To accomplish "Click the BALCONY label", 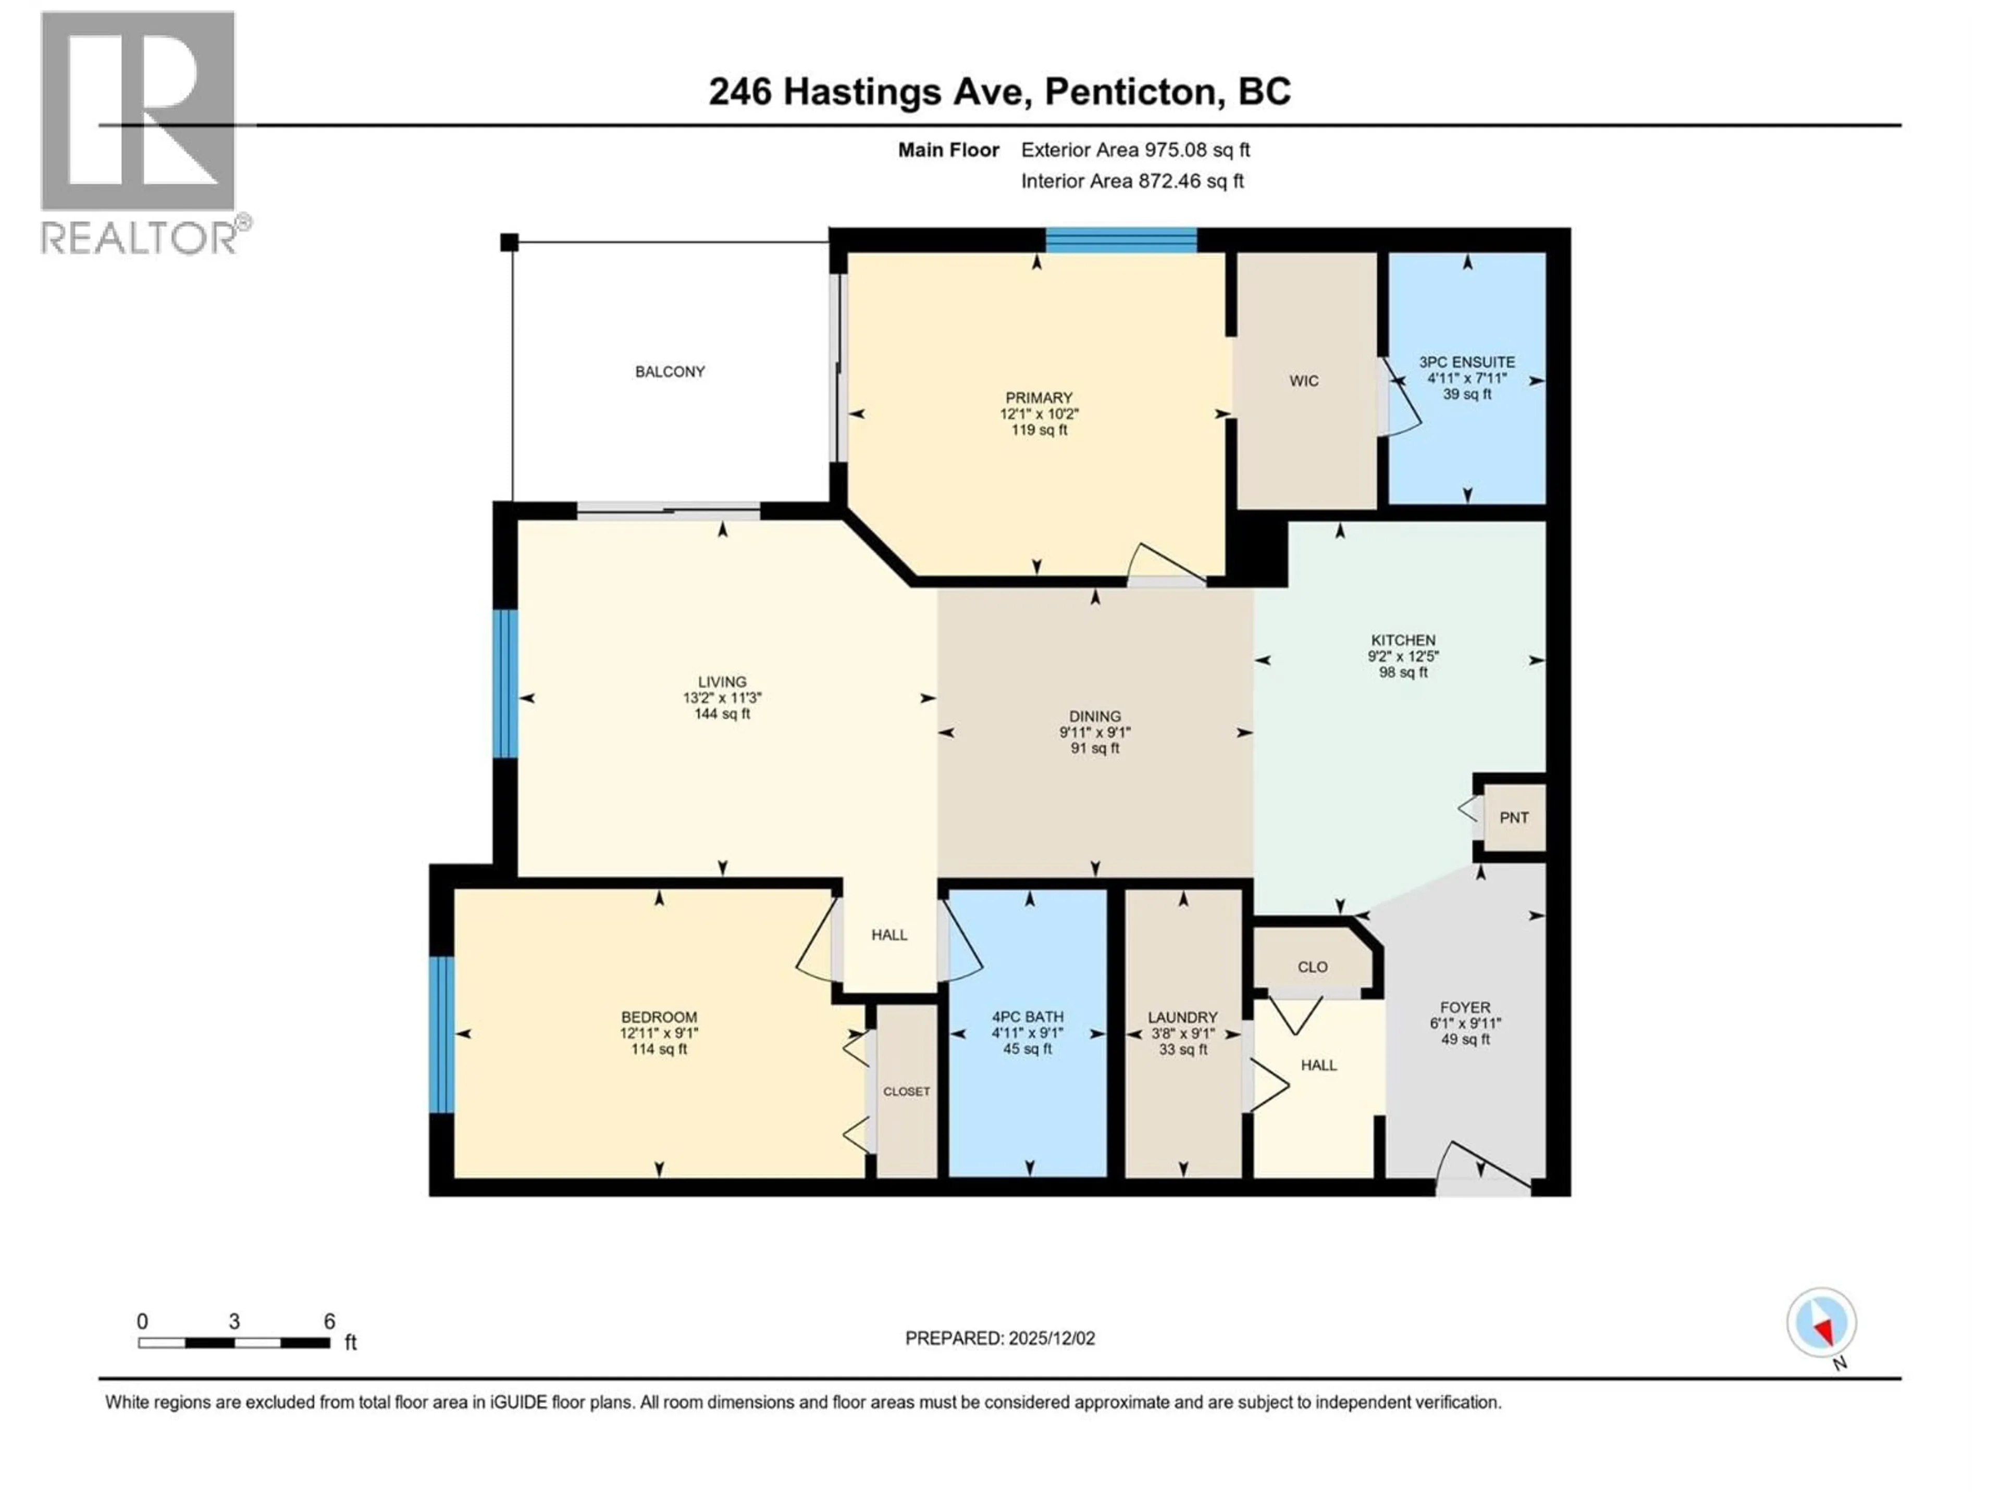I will click(x=670, y=371).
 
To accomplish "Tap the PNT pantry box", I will click(x=1513, y=817).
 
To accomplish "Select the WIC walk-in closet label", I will click(x=1304, y=381).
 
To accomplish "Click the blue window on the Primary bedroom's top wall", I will click(x=1122, y=240).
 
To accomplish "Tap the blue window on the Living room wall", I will click(x=505, y=683).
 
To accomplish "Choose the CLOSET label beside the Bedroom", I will click(x=906, y=1091).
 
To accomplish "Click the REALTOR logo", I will click(x=140, y=135).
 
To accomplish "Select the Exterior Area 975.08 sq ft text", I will click(x=1135, y=150).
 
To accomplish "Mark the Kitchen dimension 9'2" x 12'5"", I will click(x=1402, y=656).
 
